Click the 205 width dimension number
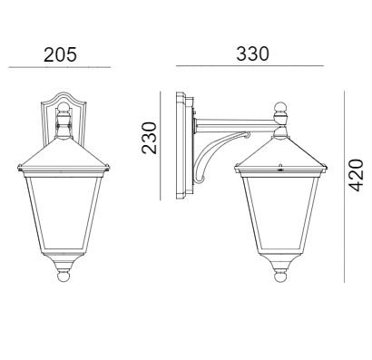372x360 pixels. (60, 55)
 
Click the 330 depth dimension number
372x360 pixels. (252, 54)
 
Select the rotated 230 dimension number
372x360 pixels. (150, 138)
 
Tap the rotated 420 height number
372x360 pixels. (356, 175)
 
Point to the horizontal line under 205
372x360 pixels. (60, 67)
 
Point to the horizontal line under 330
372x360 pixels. (250, 65)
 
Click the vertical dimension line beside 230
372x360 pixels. (161, 146)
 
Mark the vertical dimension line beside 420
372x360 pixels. (344, 187)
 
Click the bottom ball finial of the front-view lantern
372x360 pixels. (64, 276)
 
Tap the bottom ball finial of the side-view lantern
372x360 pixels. (280, 277)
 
